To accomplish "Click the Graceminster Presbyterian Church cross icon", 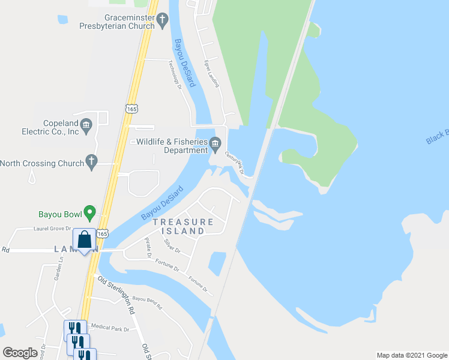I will coord(162,21).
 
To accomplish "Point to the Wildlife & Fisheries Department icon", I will coord(216,143).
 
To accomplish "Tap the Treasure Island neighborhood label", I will coord(182,226).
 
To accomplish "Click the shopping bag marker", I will coord(84,240).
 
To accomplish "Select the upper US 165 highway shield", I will coord(131,109).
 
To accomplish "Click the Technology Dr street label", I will coord(175,75).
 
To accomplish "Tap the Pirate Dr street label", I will coord(148,247).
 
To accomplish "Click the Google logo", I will coord(20,353).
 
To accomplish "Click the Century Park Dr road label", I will coord(234,163).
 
